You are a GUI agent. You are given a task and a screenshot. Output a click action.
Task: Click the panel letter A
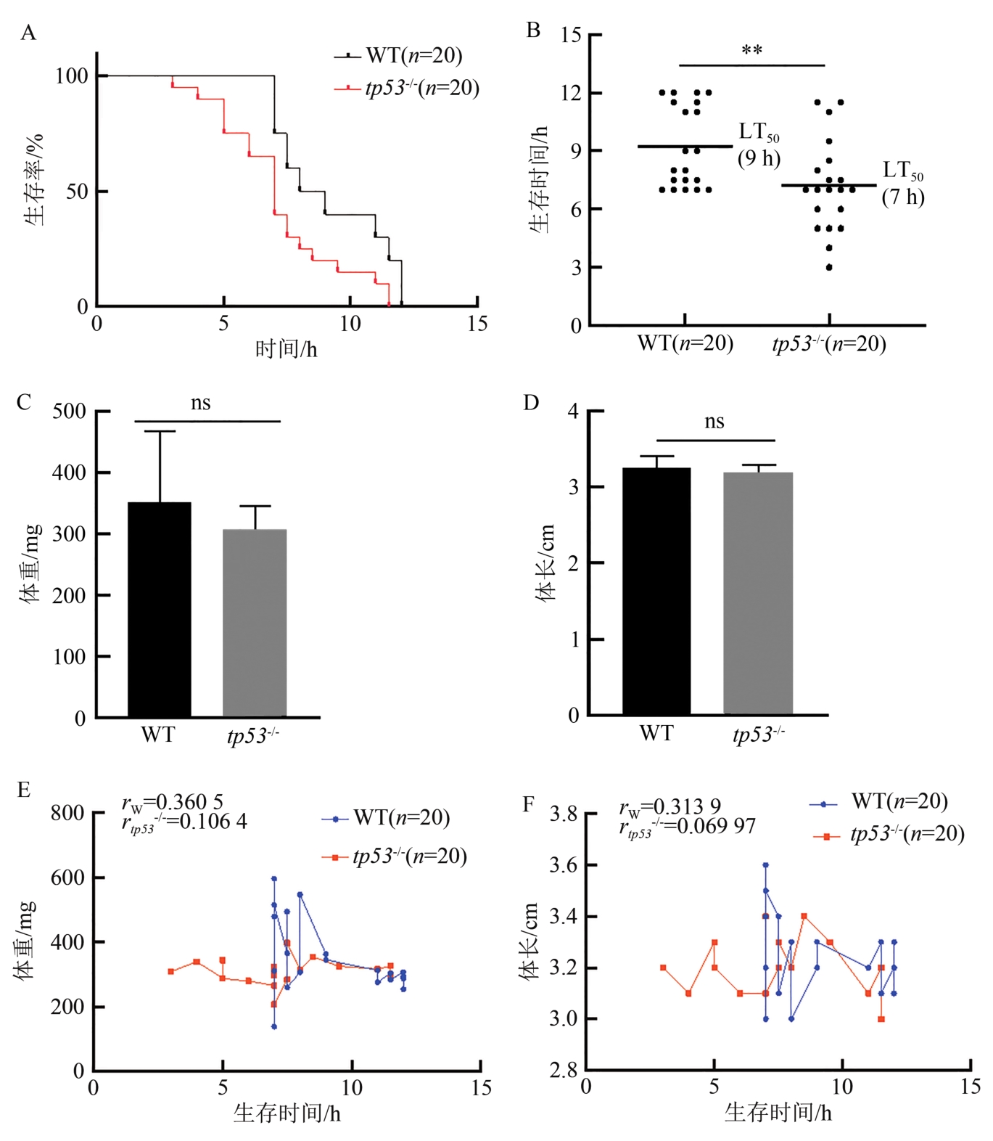pos(28,33)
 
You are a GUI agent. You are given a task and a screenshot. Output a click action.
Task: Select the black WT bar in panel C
pos(160,609)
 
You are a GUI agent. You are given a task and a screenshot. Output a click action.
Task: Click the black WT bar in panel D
pos(656,591)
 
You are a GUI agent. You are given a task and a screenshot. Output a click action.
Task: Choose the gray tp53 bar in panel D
pos(758,593)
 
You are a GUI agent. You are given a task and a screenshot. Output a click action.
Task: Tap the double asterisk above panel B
pos(752,52)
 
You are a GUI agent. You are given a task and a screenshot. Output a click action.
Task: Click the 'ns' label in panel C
pos(201,403)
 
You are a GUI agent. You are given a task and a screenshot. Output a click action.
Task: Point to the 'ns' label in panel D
pos(714,422)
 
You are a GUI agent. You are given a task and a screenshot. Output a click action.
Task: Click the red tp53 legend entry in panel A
pos(407,88)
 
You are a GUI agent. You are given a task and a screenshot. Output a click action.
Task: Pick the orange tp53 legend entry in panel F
pos(889,834)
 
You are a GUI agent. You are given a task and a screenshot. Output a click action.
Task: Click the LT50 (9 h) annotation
pos(759,144)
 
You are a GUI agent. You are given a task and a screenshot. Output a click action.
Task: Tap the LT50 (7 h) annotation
pos(903,183)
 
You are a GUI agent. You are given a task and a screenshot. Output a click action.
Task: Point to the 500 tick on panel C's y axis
pos(69,412)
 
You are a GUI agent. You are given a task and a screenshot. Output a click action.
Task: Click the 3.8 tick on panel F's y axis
pos(564,814)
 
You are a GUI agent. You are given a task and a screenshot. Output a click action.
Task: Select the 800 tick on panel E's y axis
pos(67,813)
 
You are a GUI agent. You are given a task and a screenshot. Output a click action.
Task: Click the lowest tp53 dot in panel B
pos(829,268)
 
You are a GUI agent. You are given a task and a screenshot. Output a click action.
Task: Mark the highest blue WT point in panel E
pos(274,879)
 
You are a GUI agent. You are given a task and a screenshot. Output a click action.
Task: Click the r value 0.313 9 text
pos(670,806)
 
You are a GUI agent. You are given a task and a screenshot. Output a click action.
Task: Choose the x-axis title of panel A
pos(287,350)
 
